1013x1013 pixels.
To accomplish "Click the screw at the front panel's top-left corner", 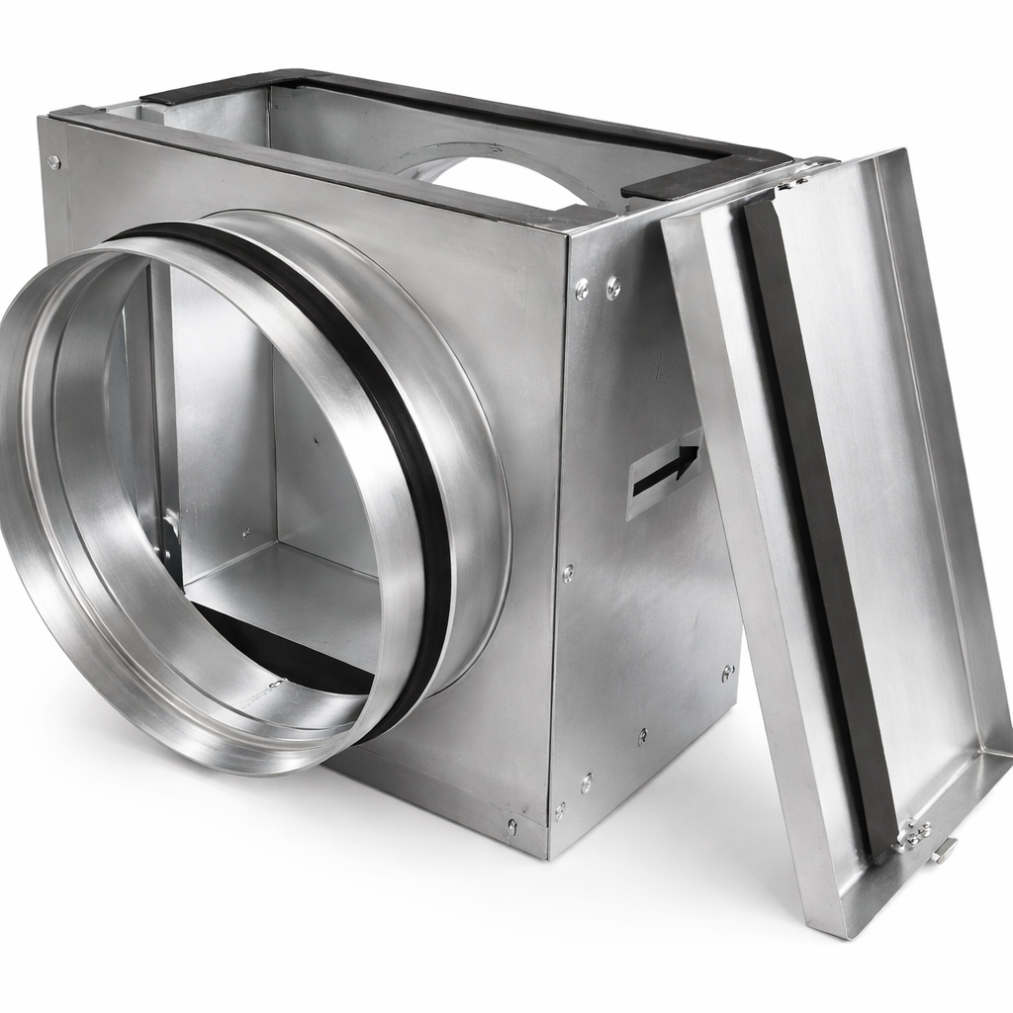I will pos(53,161).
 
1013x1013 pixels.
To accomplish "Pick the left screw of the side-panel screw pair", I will pos(582,290).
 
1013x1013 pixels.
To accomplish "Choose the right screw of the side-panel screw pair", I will pos(613,288).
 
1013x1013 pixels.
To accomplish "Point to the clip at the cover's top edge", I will pos(791,183).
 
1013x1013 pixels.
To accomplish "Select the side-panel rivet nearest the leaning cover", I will pos(728,674).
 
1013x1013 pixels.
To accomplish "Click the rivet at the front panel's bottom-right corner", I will pos(511,825).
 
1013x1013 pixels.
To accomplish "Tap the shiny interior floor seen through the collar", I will pos(297,594).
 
